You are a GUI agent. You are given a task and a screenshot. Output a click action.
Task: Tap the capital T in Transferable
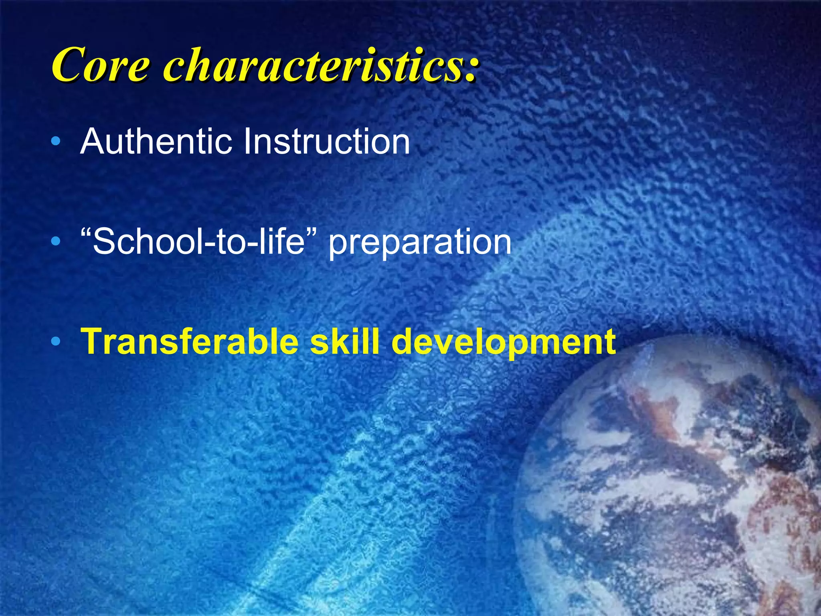(x=91, y=342)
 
